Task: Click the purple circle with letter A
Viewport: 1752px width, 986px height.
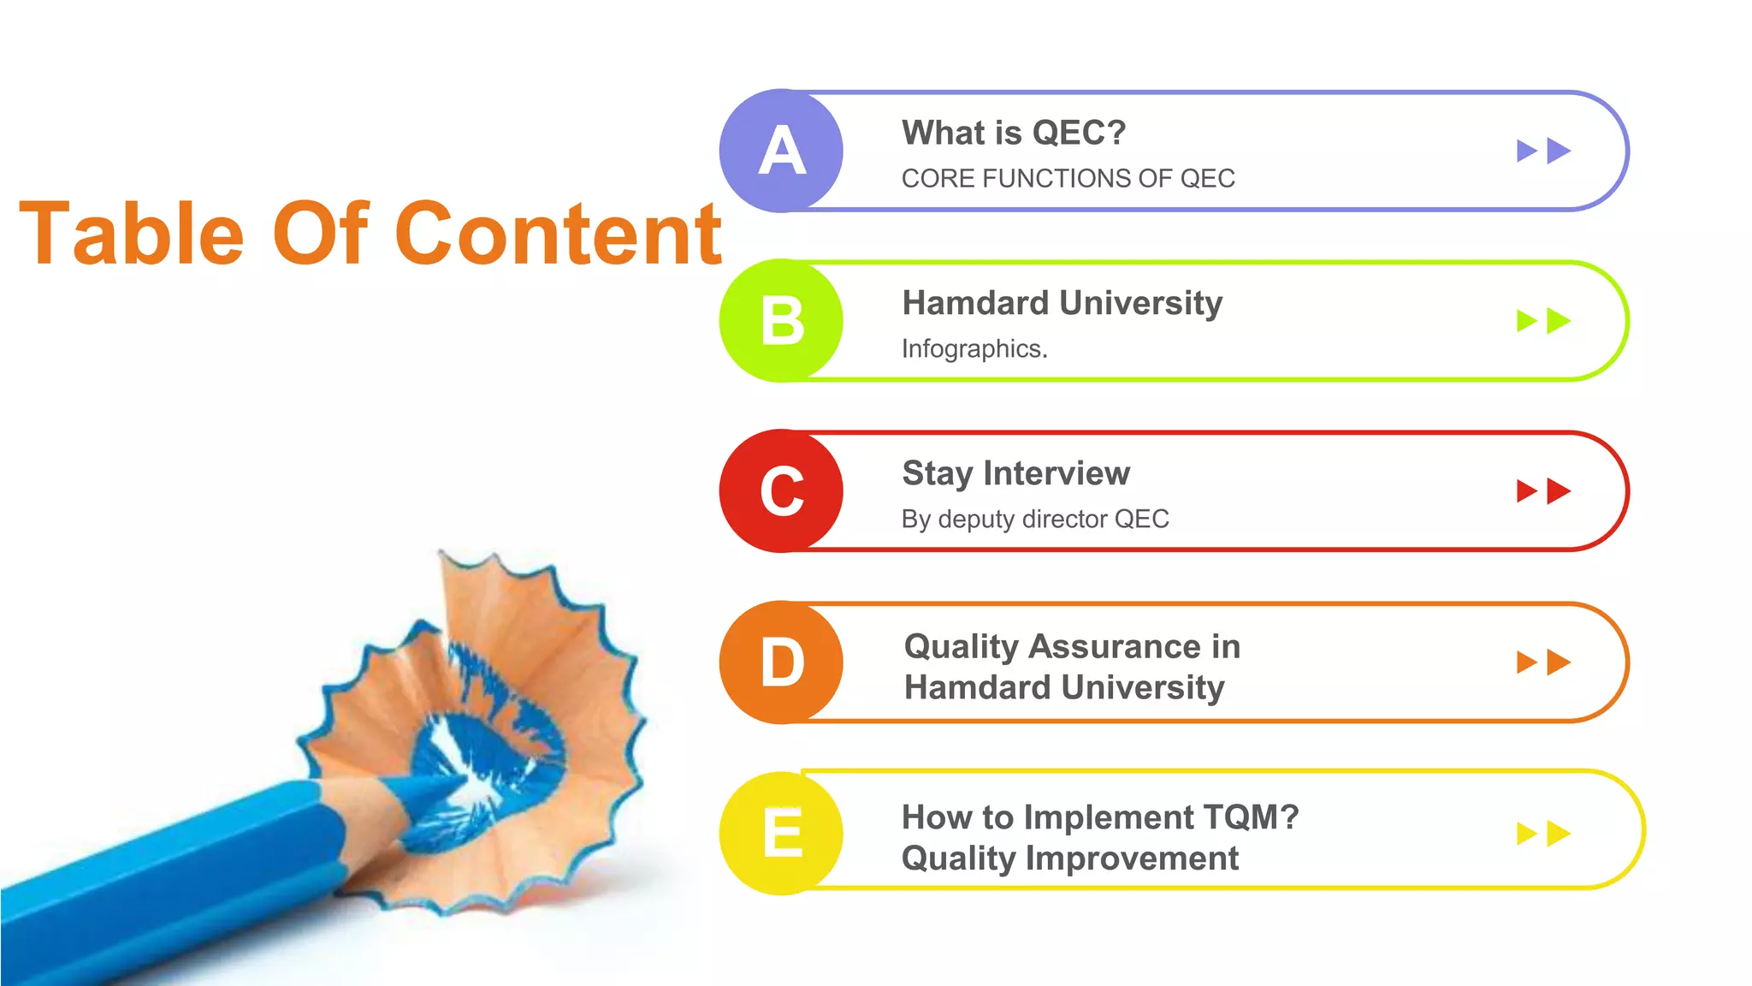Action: click(x=781, y=151)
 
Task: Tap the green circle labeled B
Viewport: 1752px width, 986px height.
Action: click(x=781, y=321)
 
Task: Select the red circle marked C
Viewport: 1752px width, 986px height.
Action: click(x=781, y=491)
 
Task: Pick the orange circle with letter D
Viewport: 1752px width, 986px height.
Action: click(x=781, y=662)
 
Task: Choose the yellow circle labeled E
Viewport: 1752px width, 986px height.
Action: click(x=781, y=833)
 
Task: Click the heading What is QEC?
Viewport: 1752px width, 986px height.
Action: click(x=1014, y=133)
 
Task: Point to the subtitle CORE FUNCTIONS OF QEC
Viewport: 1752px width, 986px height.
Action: click(x=1068, y=178)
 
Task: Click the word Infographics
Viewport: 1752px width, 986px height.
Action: click(x=974, y=348)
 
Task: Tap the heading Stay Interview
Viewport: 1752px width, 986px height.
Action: click(x=1015, y=473)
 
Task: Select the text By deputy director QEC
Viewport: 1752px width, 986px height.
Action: click(x=1034, y=519)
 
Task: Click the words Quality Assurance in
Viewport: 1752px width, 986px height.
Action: click(x=1071, y=646)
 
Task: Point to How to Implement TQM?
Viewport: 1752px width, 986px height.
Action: click(x=1099, y=817)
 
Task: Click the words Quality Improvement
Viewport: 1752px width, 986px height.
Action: click(x=1069, y=858)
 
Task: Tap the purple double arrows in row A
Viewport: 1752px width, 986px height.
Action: click(x=1543, y=151)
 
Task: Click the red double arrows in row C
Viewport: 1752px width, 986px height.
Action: click(x=1543, y=491)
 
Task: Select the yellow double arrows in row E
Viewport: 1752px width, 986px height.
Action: click(x=1543, y=833)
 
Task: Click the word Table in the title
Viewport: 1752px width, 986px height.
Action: click(x=132, y=233)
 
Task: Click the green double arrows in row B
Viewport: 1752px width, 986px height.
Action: click(x=1543, y=321)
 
